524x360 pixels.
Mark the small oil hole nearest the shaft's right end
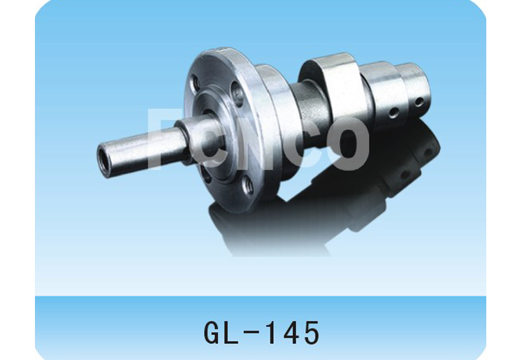[x=418, y=101]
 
